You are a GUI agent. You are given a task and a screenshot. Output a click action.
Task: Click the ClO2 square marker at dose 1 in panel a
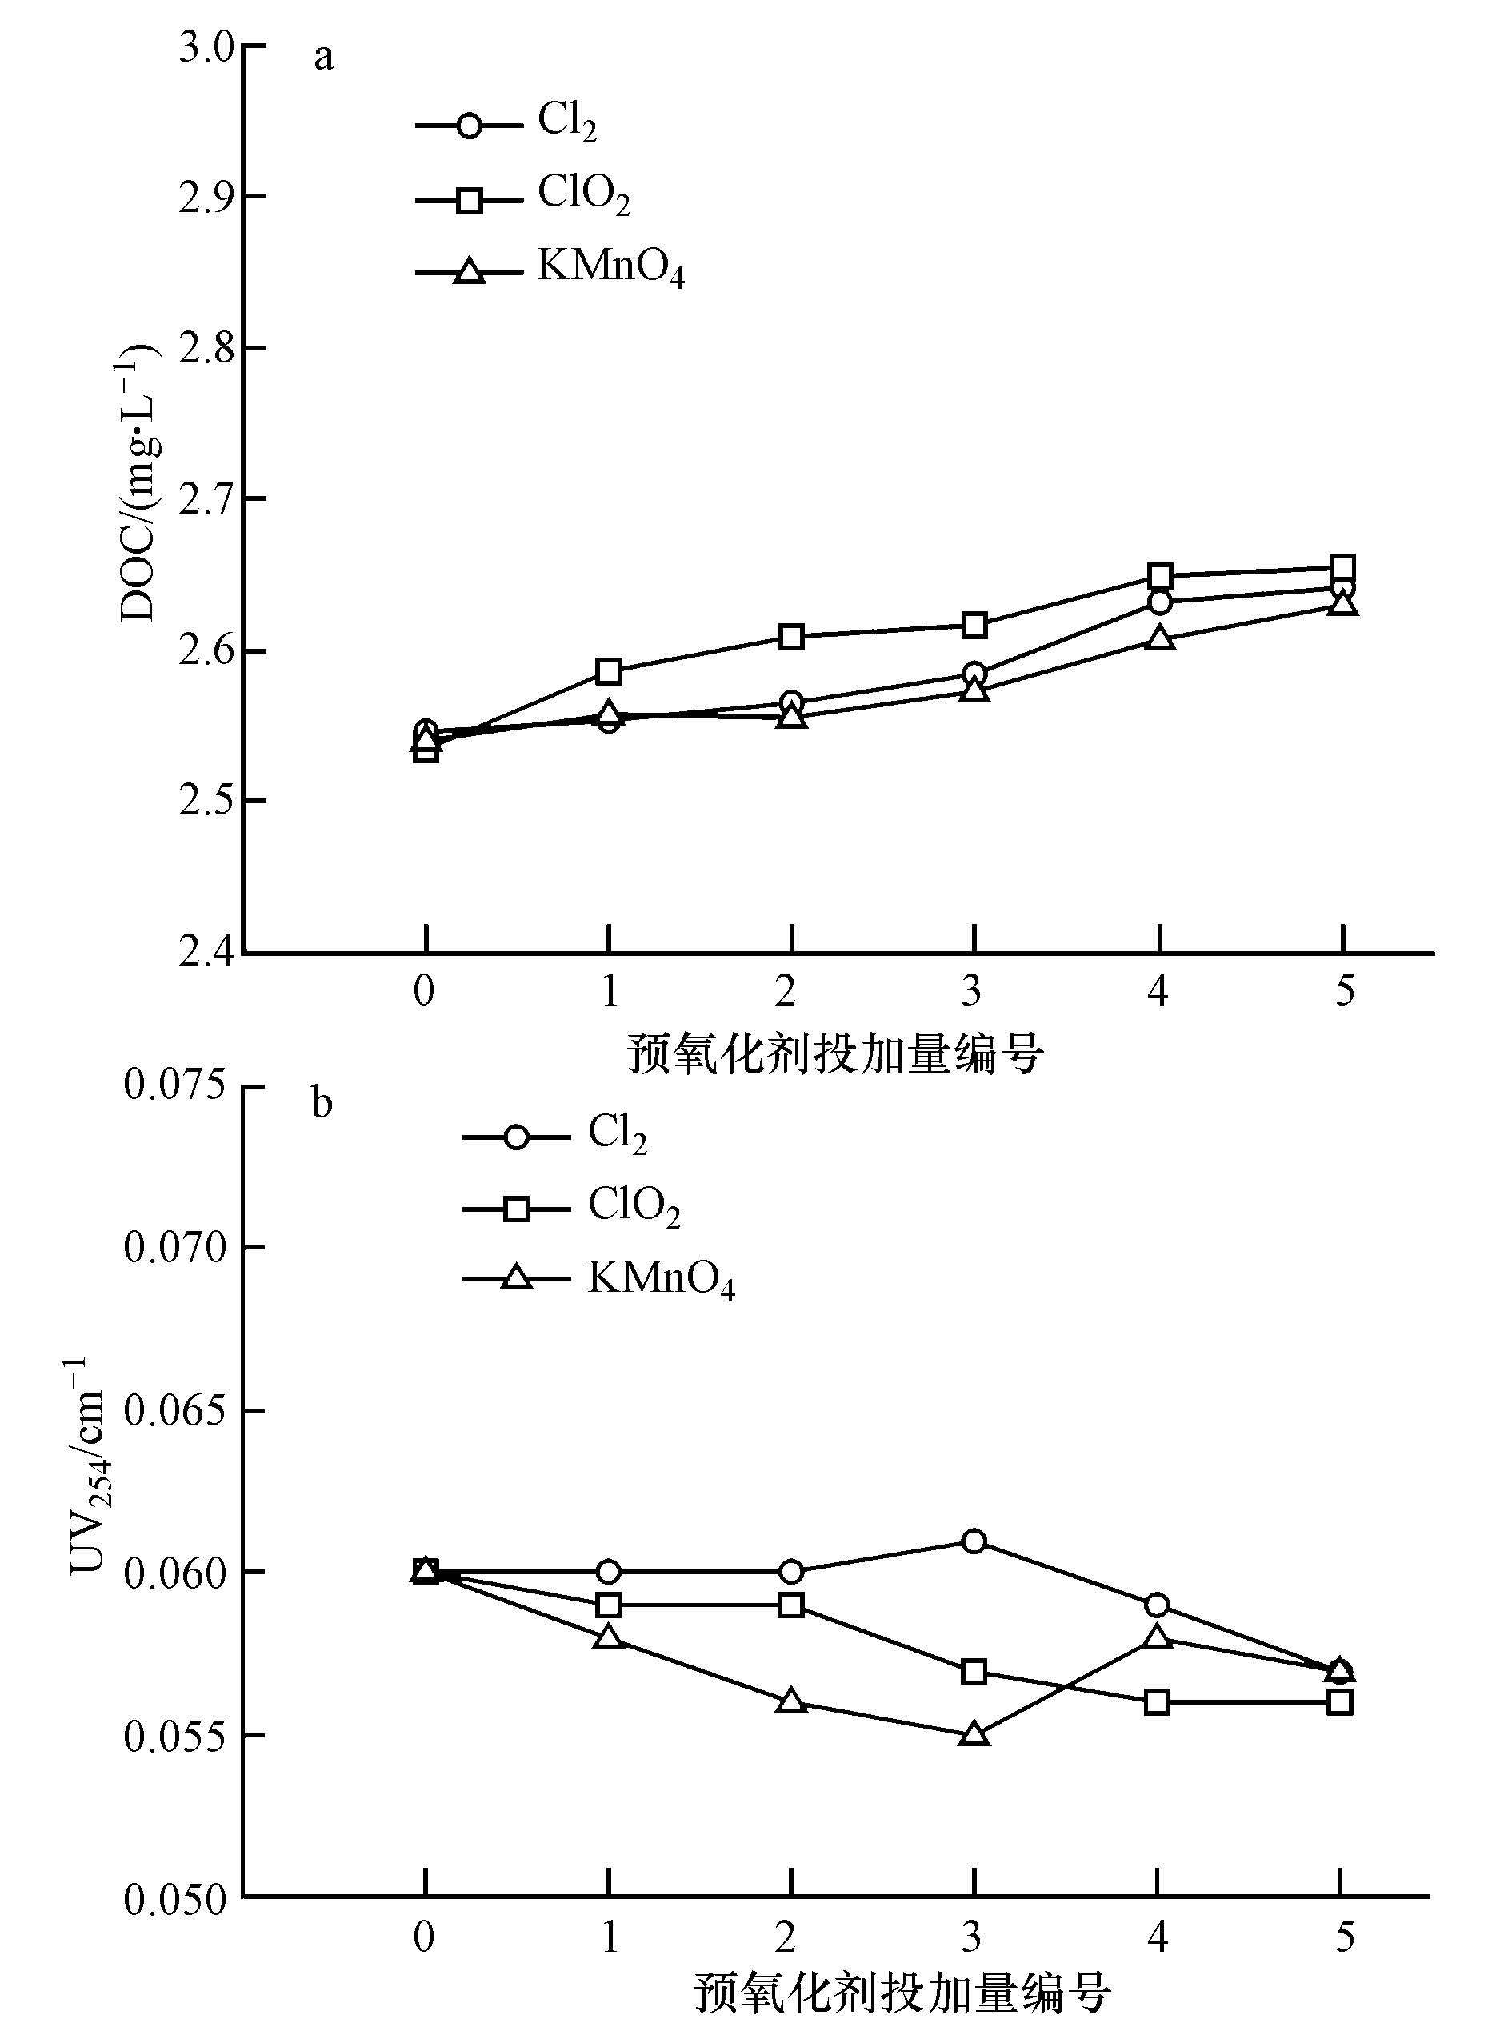609,670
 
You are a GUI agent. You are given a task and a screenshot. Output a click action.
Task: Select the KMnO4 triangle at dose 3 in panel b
974,1735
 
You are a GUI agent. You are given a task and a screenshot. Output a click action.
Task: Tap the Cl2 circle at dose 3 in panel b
974,1541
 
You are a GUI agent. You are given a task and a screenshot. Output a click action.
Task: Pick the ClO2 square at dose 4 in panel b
1158,1702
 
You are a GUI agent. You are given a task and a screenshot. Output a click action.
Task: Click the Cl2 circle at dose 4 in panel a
1160,602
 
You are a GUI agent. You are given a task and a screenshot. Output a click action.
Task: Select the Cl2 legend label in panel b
617,1134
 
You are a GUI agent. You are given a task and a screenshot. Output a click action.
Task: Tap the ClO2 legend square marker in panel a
470,198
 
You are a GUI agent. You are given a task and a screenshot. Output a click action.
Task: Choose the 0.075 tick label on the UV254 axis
175,1086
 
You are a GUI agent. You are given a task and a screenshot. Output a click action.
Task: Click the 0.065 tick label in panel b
175,1410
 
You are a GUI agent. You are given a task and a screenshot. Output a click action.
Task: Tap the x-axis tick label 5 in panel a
1343,990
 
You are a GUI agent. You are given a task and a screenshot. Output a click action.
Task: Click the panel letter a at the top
324,58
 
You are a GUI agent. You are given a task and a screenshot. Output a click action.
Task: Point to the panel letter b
322,1104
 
